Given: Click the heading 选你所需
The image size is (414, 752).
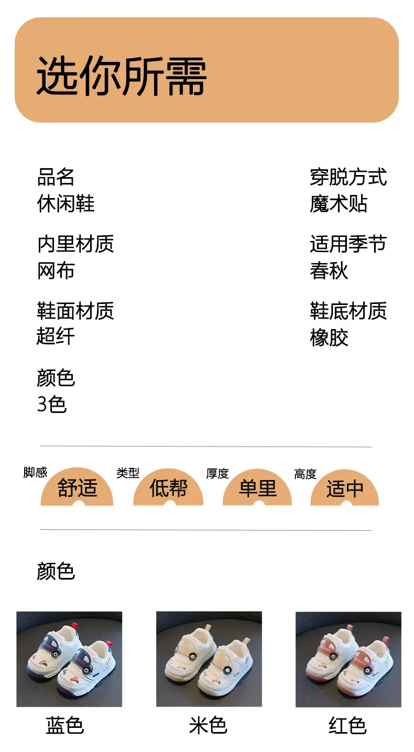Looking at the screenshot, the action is (x=121, y=75).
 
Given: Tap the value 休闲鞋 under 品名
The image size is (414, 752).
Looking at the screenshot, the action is (x=66, y=203).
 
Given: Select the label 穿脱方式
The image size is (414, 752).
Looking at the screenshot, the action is (x=348, y=177).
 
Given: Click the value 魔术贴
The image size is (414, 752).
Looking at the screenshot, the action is (x=339, y=203).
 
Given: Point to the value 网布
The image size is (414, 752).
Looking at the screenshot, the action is (x=56, y=270).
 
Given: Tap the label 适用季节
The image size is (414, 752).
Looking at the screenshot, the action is (x=348, y=244).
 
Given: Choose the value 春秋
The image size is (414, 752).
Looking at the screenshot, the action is (x=329, y=270).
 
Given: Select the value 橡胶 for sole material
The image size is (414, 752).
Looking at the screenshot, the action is (x=329, y=337).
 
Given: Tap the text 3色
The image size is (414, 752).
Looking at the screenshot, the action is (x=52, y=404).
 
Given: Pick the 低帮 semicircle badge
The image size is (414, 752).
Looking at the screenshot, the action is (x=168, y=487).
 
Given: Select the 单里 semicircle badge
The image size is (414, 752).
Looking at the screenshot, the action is (x=257, y=487).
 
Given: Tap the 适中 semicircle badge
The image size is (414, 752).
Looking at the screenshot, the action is (x=345, y=488).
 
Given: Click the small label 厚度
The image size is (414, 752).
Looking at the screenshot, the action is (x=217, y=474).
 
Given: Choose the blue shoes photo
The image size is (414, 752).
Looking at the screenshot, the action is (x=69, y=659).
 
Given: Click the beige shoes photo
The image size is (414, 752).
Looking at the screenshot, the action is (x=209, y=659).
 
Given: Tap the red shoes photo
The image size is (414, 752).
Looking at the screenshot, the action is (x=348, y=659).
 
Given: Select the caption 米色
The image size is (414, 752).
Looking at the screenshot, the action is (x=208, y=725).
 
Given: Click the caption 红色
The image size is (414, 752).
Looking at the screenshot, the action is (x=347, y=725).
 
